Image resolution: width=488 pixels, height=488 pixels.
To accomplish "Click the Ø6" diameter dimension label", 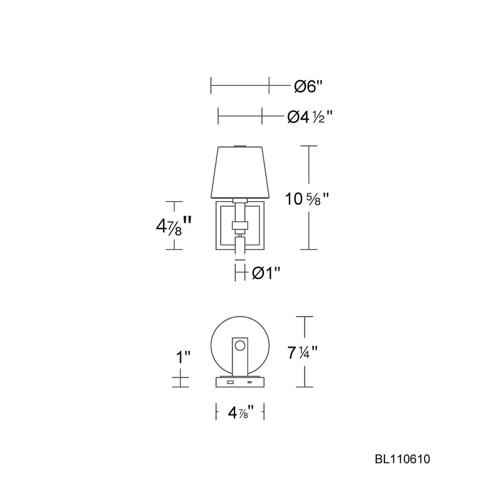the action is click(x=308, y=86).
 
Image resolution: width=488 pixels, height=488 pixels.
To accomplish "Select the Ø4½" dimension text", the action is click(x=310, y=117).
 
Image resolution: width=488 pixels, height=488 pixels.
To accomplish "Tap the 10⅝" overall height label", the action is click(x=307, y=199).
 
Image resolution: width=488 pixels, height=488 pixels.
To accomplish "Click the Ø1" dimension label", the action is click(x=266, y=273).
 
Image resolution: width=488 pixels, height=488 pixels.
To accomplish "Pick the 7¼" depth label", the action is click(x=302, y=353).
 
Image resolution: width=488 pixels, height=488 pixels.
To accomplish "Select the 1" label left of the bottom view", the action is click(x=183, y=357).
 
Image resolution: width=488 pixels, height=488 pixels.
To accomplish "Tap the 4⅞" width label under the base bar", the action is click(x=241, y=413).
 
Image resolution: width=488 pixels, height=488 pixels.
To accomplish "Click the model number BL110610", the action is click(x=402, y=459).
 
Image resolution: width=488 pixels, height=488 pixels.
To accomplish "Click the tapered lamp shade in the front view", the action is click(x=240, y=172).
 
